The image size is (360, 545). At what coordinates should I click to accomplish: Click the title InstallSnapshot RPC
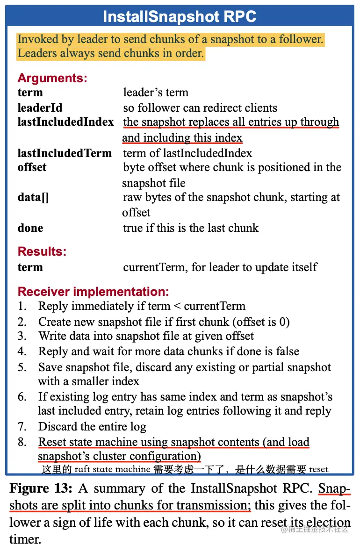tap(180, 17)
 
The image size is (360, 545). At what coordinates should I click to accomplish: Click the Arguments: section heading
tap(52, 78)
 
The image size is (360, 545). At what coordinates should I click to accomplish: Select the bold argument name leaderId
tap(40, 108)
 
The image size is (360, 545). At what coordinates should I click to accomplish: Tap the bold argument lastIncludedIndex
tap(65, 122)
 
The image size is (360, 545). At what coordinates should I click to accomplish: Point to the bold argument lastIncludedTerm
tap(65, 153)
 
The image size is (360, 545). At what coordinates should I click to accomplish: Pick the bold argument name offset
tap(32, 167)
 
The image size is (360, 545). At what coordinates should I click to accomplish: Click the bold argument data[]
tap(33, 197)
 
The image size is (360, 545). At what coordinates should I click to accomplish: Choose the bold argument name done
tap(30, 228)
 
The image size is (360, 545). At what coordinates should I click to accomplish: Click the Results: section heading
tap(42, 251)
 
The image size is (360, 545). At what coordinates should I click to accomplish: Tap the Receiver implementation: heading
tap(93, 292)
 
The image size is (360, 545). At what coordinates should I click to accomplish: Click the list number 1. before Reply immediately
tap(22, 307)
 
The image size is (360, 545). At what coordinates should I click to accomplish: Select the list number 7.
tap(22, 427)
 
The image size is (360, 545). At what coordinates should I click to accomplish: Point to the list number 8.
tap(22, 442)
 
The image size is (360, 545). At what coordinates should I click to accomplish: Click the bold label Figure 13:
tap(41, 489)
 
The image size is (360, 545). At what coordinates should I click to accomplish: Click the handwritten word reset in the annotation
tap(318, 469)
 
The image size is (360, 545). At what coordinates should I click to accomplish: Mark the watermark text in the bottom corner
tap(314, 529)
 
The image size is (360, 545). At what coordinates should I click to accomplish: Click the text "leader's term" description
tap(156, 93)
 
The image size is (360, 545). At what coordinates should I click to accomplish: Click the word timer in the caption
tap(24, 539)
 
